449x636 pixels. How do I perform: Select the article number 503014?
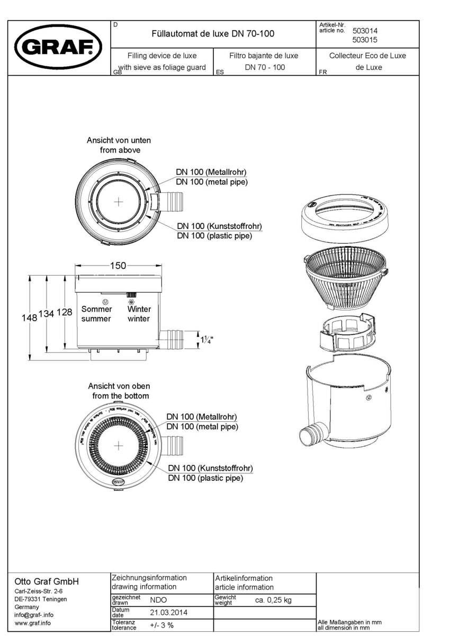point(365,31)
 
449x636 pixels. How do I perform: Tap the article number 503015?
point(365,39)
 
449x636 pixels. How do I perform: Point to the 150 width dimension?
point(118,266)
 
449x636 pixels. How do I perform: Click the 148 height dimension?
point(29,318)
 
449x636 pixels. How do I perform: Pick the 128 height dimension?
point(64,313)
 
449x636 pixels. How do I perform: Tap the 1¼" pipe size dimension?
point(208,339)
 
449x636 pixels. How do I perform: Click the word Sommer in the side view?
point(96,309)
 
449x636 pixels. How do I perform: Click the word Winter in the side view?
point(139,309)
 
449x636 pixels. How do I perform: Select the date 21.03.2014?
point(168,612)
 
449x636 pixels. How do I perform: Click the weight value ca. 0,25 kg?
point(273,600)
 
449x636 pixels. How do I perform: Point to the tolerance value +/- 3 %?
point(161,625)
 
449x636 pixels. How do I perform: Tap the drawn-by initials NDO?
point(158,600)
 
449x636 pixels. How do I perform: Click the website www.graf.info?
point(33,623)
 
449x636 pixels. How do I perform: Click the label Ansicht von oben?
point(119,386)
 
